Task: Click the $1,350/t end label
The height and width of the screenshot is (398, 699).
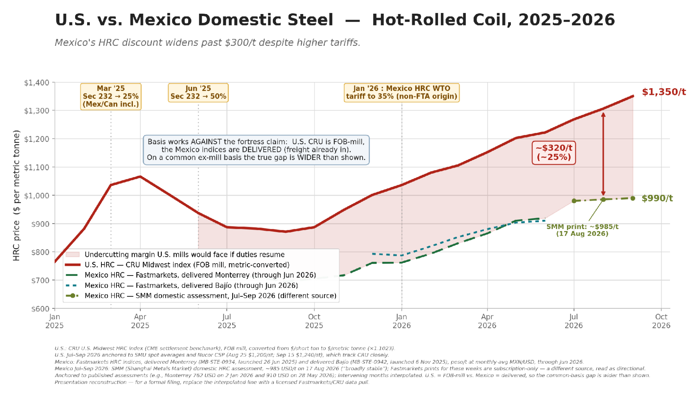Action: (x=664, y=92)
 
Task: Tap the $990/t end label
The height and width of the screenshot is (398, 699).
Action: (x=657, y=198)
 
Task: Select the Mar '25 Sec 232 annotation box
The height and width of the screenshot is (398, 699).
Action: (x=111, y=97)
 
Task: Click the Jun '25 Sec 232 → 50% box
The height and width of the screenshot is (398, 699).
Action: (x=198, y=93)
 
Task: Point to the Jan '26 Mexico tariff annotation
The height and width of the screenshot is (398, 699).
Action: (x=401, y=93)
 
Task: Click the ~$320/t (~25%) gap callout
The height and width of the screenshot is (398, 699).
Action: (x=554, y=153)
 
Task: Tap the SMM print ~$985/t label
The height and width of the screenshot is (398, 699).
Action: (x=582, y=230)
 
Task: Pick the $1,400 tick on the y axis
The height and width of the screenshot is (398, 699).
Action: (x=36, y=83)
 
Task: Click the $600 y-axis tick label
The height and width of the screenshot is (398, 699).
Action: (x=40, y=309)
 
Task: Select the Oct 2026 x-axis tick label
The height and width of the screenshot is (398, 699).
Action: (x=661, y=321)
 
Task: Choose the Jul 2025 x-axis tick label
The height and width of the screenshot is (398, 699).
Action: (x=227, y=321)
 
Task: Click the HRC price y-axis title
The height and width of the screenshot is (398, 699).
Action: (x=16, y=195)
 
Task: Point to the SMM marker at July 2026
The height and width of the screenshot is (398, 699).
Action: (x=574, y=201)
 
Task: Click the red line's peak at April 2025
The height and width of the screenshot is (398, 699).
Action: (x=140, y=177)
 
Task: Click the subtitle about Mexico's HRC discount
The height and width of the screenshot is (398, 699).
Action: (x=207, y=43)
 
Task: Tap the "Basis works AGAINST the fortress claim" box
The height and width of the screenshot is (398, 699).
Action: (x=256, y=150)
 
